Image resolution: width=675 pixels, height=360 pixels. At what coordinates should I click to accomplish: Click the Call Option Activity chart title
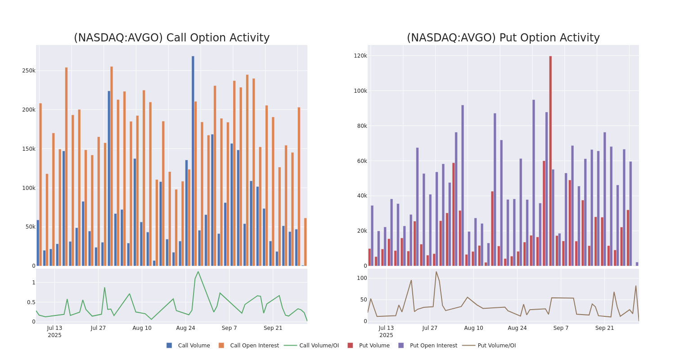coord(171,38)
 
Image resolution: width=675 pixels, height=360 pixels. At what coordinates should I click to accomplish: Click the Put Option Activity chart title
coord(503,38)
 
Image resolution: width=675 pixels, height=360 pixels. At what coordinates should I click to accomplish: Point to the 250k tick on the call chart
coord(29,71)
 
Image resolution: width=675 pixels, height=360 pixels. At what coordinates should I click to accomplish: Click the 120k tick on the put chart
coord(360,56)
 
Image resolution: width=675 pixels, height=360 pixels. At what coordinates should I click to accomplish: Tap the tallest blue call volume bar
coord(193,161)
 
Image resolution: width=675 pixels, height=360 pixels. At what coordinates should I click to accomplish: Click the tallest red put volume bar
coord(550,161)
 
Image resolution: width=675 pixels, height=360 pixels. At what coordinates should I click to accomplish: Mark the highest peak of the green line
coord(198,271)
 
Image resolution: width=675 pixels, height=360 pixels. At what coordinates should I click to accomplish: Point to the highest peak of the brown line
coord(436,271)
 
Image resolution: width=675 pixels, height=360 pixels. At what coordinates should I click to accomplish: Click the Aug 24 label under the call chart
coord(185,328)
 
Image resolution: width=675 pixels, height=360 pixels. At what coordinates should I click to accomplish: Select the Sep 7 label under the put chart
coord(561,328)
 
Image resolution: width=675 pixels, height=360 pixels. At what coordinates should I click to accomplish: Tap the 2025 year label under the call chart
coord(54,335)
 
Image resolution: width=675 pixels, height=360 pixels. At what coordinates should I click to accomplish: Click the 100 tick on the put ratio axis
coord(362,278)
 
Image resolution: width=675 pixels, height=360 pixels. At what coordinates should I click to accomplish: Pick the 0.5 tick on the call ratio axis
coord(31,302)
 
